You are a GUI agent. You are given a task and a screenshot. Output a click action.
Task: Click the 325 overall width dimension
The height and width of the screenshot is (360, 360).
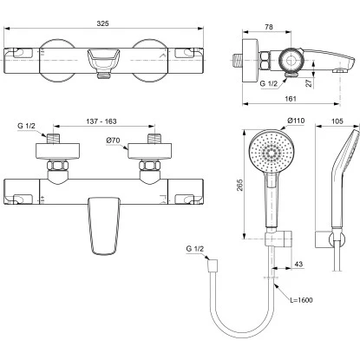coord(102,23)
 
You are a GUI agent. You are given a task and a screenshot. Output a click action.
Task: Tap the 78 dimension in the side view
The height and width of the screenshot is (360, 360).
coord(269,27)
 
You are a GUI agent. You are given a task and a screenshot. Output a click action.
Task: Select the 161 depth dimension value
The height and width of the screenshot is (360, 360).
coord(291,99)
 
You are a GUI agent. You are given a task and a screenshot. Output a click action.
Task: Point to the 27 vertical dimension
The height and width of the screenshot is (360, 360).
coord(309,83)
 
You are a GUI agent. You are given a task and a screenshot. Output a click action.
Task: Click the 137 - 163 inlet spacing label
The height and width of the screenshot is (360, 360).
coord(101,121)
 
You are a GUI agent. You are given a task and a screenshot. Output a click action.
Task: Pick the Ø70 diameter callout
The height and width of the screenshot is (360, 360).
coord(113,141)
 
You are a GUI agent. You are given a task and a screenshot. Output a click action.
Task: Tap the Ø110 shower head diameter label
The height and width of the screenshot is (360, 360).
coord(296,121)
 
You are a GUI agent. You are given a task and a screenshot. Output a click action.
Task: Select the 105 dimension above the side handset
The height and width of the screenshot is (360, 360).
coord(337,121)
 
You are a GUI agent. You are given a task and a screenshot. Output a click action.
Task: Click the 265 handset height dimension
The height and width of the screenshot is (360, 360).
coord(239,185)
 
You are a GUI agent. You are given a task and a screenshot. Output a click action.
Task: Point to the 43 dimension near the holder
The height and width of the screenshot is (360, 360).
coord(298,264)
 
